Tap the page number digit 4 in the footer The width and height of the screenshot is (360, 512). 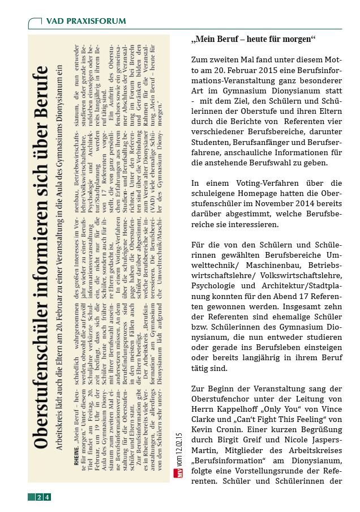click(x=47, y=497)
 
